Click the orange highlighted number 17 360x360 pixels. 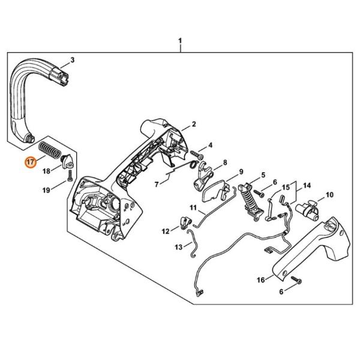[x=31, y=162]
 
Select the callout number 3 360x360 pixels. [x=73, y=60]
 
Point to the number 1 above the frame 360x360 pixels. [x=180, y=41]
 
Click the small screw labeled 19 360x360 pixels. [x=70, y=176]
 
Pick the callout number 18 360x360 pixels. [x=46, y=171]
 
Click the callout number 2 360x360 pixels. [x=194, y=124]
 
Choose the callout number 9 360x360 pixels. [x=241, y=172]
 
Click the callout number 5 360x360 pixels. [x=263, y=175]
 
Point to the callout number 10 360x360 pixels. [x=329, y=195]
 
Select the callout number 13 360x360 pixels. [x=178, y=247]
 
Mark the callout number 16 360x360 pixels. [x=261, y=280]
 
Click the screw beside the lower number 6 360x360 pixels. [x=296, y=280]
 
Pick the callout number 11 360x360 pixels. [x=193, y=208]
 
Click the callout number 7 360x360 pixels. [x=157, y=184]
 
